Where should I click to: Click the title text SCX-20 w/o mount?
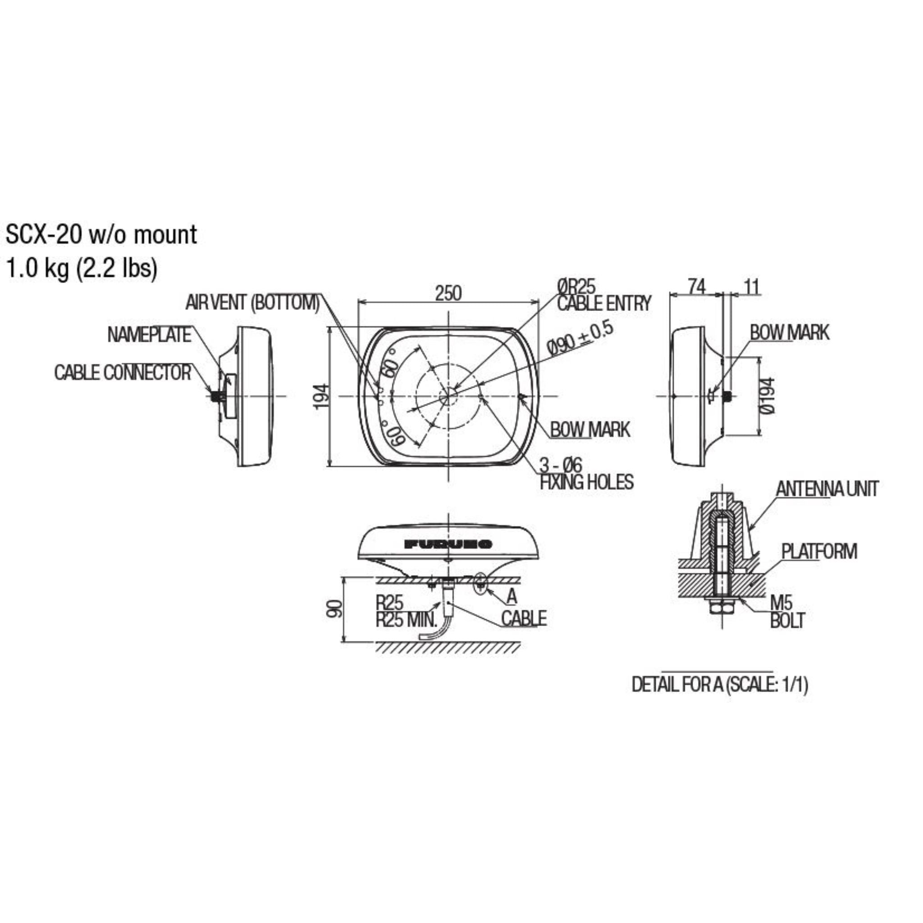click(101, 235)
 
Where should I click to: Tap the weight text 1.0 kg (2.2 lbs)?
click(81, 269)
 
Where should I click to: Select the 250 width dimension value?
click(448, 293)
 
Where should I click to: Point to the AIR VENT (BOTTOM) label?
click(252, 302)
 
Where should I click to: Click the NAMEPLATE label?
click(149, 335)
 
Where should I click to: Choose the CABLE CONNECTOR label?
click(123, 373)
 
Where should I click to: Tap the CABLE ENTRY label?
click(604, 303)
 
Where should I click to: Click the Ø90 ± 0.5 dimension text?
click(580, 340)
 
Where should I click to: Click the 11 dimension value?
click(751, 287)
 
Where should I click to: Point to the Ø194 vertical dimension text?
click(767, 396)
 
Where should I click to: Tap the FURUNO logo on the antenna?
click(448, 544)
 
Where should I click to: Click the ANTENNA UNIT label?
click(827, 489)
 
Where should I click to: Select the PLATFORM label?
click(819, 551)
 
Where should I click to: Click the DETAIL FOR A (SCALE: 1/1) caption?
click(719, 685)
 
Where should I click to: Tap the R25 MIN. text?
click(407, 620)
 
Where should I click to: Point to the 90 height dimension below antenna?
click(337, 608)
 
